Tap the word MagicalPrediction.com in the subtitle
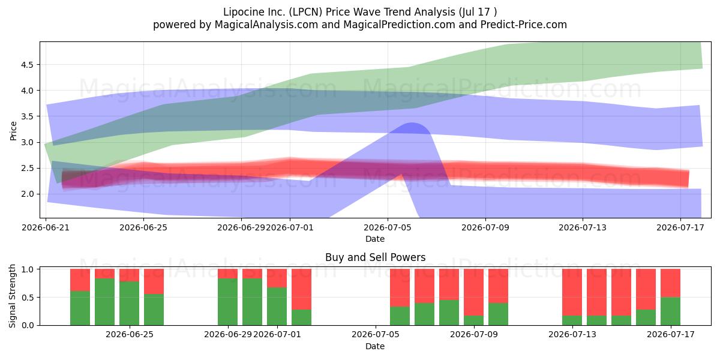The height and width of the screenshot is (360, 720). click(x=399, y=25)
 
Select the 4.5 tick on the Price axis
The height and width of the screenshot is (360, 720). click(x=27, y=65)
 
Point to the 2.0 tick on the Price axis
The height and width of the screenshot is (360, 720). click(x=27, y=194)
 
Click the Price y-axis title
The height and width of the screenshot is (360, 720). click(x=13, y=131)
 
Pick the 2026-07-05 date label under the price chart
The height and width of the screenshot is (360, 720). click(x=388, y=227)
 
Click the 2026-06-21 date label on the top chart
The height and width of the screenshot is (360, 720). click(x=46, y=227)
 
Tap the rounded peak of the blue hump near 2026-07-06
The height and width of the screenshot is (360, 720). click(x=412, y=123)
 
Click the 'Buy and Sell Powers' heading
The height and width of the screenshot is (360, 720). click(x=375, y=257)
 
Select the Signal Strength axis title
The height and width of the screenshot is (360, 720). click(x=12, y=296)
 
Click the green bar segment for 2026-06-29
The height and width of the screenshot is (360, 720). click(x=227, y=302)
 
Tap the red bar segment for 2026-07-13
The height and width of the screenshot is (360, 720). click(x=572, y=292)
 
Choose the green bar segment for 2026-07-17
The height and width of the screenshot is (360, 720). click(x=670, y=311)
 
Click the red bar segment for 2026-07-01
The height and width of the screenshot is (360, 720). click(x=277, y=278)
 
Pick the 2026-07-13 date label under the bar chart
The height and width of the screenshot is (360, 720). click(x=572, y=334)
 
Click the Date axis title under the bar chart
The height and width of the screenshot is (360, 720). click(x=375, y=346)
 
